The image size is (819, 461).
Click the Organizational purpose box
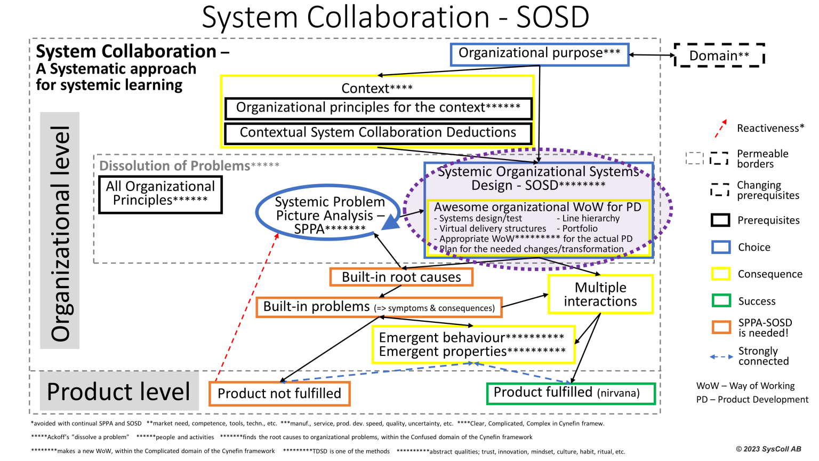(x=540, y=54)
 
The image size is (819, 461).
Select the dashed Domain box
(x=719, y=55)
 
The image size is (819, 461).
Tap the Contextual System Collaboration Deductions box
(x=378, y=133)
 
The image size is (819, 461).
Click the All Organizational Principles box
(x=160, y=194)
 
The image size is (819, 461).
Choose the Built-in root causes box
(x=401, y=277)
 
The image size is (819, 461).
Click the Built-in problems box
(x=379, y=307)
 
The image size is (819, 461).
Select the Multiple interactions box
(x=600, y=294)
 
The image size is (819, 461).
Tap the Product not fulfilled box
(x=279, y=394)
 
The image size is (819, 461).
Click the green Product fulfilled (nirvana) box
(x=571, y=393)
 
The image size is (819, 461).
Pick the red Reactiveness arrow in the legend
(x=721, y=129)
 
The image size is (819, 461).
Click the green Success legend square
(x=721, y=301)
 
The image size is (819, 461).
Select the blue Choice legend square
(x=721, y=247)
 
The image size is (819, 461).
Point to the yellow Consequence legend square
(x=721, y=274)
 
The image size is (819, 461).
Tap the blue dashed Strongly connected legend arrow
(x=721, y=356)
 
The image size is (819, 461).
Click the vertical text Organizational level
(x=60, y=231)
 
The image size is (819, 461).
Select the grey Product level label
(x=119, y=392)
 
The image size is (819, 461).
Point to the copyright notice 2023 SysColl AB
(x=768, y=449)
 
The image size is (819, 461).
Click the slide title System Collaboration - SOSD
(x=395, y=18)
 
